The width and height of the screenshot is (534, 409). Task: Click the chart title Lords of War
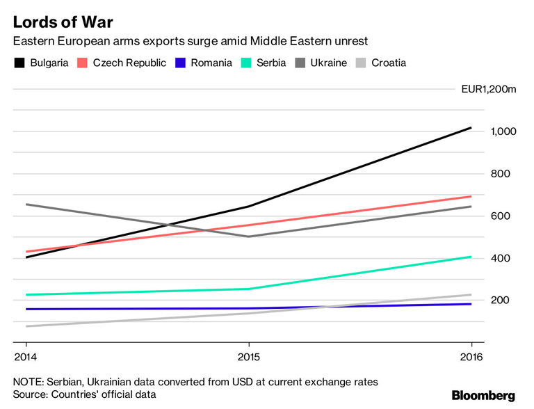(x=63, y=21)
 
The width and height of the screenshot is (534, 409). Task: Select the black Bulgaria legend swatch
(x=19, y=63)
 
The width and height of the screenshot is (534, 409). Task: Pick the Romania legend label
(x=210, y=63)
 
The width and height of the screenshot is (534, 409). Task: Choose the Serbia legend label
(x=270, y=63)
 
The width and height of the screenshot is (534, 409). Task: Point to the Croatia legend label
(x=389, y=63)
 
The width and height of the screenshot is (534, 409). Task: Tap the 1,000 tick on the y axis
(x=503, y=131)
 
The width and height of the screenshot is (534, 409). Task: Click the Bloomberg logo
(x=483, y=395)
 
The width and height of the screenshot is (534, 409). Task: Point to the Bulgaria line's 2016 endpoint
(x=471, y=128)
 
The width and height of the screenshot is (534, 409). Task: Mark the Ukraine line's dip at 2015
(x=249, y=236)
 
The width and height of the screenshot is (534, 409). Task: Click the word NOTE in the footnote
(x=27, y=381)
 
